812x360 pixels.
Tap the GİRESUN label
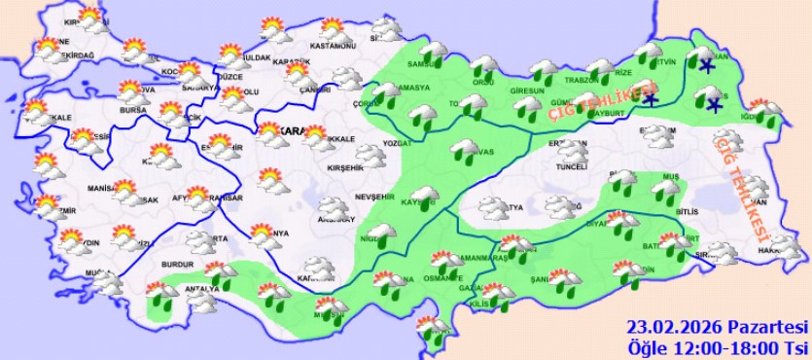(527, 89)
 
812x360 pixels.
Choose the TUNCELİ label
(572, 166)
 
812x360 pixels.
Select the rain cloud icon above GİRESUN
(542, 70)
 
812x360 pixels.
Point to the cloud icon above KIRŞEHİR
(370, 155)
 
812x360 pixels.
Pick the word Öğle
(649, 347)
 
